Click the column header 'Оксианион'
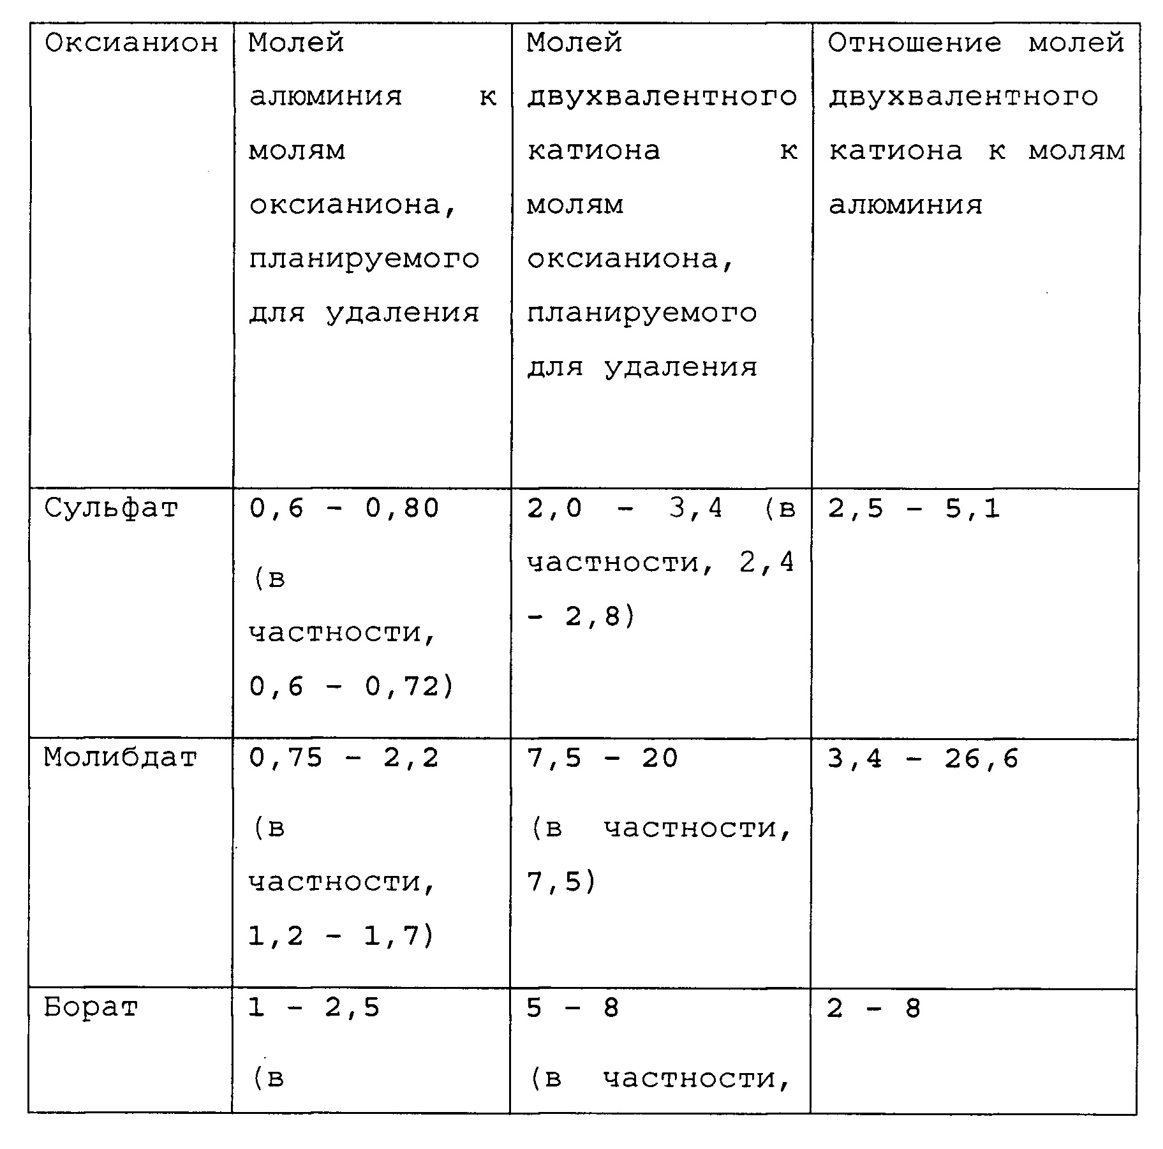pos(131,43)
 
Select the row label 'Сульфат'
pos(110,509)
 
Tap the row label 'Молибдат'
pos(120,758)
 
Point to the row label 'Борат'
pos(91,1007)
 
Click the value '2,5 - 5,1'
pos(914,509)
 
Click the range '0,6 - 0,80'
pos(344,509)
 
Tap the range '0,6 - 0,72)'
pos(351,687)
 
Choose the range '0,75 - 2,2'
pos(344,758)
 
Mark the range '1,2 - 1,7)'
pos(341,936)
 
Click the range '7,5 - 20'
pos(602,758)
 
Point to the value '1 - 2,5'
pos(314,1007)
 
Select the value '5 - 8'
pos(572,1007)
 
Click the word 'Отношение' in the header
pos(914,43)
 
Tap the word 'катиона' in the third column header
pos(593,151)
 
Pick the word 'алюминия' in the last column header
pos(905,205)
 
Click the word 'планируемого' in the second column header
pos(364,260)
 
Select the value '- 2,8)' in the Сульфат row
pos(581,617)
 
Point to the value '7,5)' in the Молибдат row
pos(561,882)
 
